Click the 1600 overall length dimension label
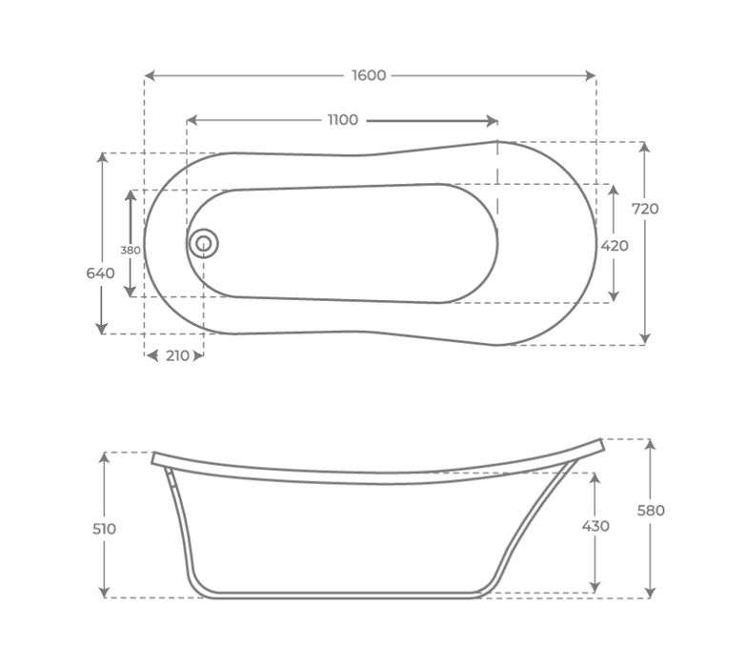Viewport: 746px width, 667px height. tap(369, 75)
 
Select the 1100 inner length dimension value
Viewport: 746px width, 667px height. tap(343, 120)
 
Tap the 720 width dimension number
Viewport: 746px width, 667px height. tap(645, 209)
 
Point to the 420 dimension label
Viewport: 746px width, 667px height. tap(615, 246)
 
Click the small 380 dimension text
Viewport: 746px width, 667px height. tap(130, 251)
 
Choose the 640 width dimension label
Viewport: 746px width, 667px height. tap(100, 273)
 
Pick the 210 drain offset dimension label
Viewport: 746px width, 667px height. tap(177, 355)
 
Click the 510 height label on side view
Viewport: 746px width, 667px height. tap(104, 529)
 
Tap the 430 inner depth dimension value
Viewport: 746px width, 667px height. tap(595, 526)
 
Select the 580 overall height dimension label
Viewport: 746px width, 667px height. tap(651, 511)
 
